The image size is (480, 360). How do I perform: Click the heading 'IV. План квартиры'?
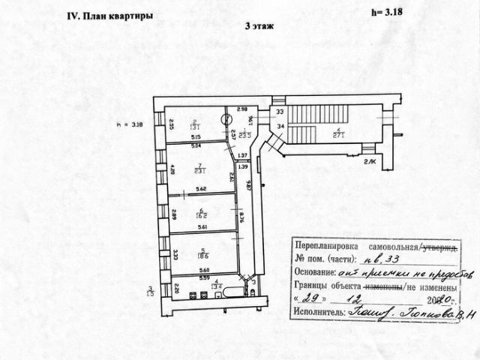tap(111, 15)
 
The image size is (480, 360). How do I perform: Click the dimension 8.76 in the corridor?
tap(243, 220)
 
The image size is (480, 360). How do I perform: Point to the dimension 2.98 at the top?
tap(242, 110)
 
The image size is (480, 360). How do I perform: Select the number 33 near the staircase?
tap(280, 112)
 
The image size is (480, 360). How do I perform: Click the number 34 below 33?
tap(280, 126)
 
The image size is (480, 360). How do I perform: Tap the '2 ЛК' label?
tap(370, 162)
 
